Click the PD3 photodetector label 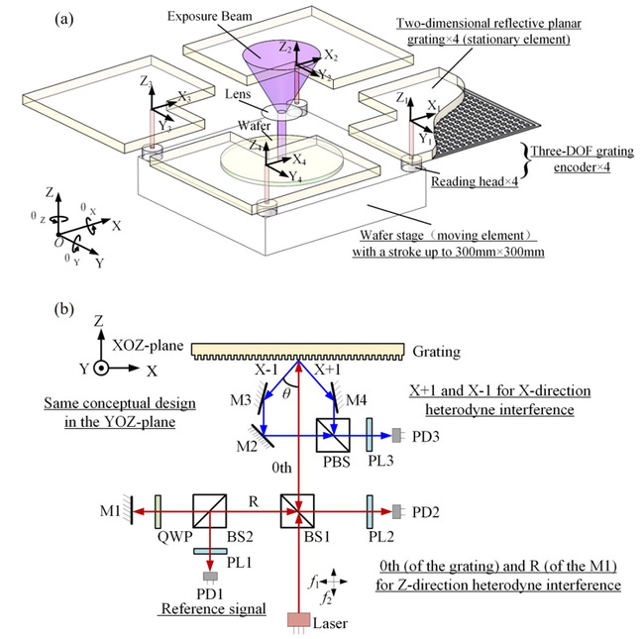pyautogui.click(x=420, y=435)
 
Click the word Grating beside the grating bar pyautogui.click(x=439, y=352)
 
